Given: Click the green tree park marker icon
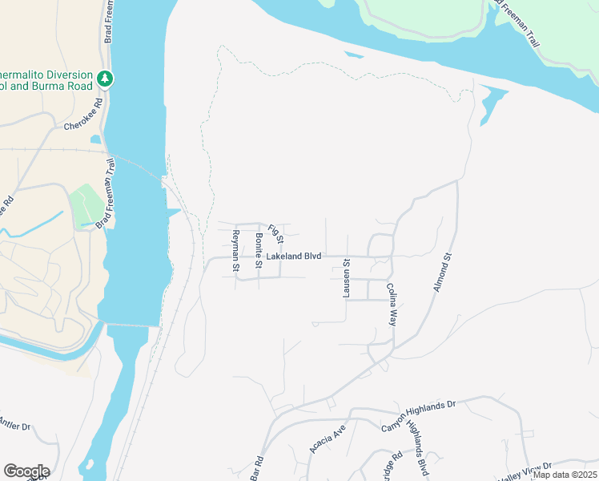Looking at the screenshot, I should pos(104,79).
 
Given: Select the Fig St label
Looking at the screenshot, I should pos(276,233).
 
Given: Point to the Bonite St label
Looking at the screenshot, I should pos(259,250).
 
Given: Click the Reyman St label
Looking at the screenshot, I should pos(236,250).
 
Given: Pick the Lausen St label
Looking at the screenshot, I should pos(347,278).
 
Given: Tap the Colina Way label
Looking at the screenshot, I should pos(392,303).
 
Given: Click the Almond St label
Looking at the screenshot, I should pos(443,273).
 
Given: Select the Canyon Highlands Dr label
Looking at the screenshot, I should pos(417,410).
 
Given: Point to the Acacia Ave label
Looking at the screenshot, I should pos(327,439).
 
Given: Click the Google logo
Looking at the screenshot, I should pos(26,471).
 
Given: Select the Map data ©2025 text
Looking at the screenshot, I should pos(564,475).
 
